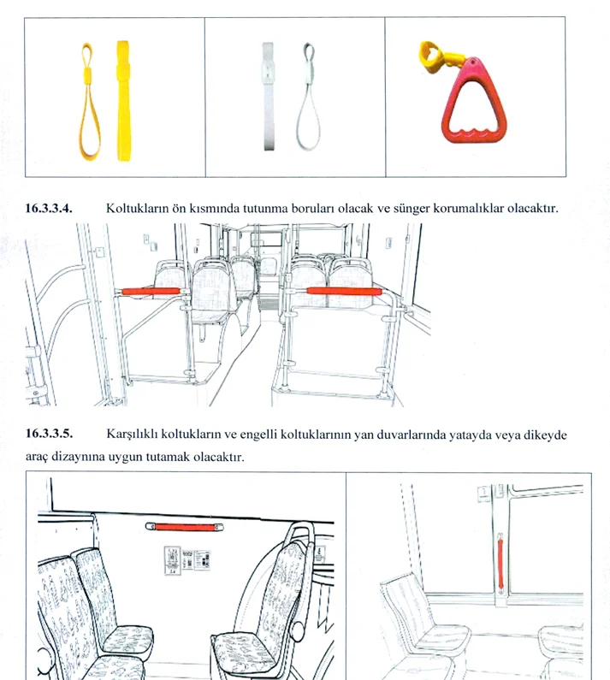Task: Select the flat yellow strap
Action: click(x=123, y=101)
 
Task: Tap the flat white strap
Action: click(x=268, y=97)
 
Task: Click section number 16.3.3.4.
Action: click(x=49, y=209)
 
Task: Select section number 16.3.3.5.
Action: click(x=49, y=434)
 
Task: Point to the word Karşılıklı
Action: click(x=132, y=435)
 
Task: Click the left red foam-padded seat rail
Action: click(x=151, y=292)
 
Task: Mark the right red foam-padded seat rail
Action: click(x=344, y=291)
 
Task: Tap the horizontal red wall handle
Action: click(x=186, y=527)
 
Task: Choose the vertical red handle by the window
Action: click(x=500, y=564)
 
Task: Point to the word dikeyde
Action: click(x=545, y=435)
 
